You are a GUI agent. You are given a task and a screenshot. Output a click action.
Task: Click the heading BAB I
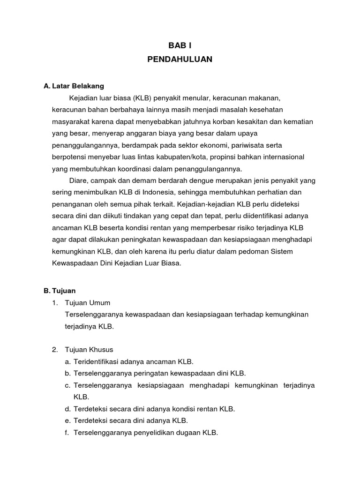(x=180, y=45)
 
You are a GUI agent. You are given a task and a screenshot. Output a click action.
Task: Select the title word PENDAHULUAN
(x=180, y=60)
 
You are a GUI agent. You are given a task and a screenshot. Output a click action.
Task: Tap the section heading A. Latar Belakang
(x=74, y=86)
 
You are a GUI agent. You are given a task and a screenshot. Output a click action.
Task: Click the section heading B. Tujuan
(x=60, y=291)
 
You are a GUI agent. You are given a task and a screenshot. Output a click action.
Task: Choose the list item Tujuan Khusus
(x=90, y=350)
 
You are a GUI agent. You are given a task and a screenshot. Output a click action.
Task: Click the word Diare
(x=79, y=180)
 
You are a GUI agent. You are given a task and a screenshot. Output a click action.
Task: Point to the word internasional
(x=282, y=157)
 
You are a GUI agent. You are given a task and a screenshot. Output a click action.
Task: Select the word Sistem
(x=281, y=251)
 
